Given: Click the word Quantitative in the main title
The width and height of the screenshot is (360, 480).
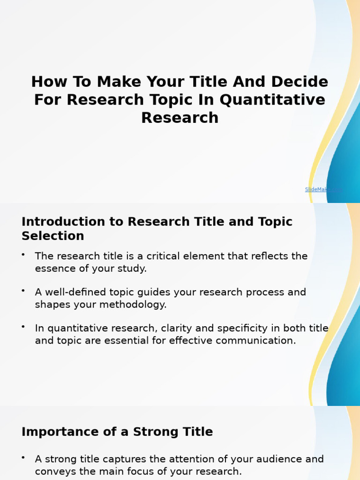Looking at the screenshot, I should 272,100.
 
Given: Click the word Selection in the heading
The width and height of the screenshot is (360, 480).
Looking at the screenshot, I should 53,236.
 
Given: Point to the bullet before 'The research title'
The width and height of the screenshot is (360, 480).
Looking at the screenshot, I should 23,255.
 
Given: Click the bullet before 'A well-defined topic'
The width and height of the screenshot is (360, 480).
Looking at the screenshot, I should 23,291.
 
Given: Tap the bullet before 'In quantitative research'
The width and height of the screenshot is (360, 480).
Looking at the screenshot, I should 23,327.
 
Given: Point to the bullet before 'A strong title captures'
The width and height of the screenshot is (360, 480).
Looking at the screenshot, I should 23,457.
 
